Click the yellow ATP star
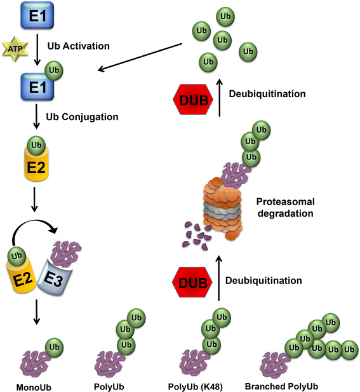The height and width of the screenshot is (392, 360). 15,47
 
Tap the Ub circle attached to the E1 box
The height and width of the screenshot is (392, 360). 55,67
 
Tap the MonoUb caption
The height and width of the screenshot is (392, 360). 32,386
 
